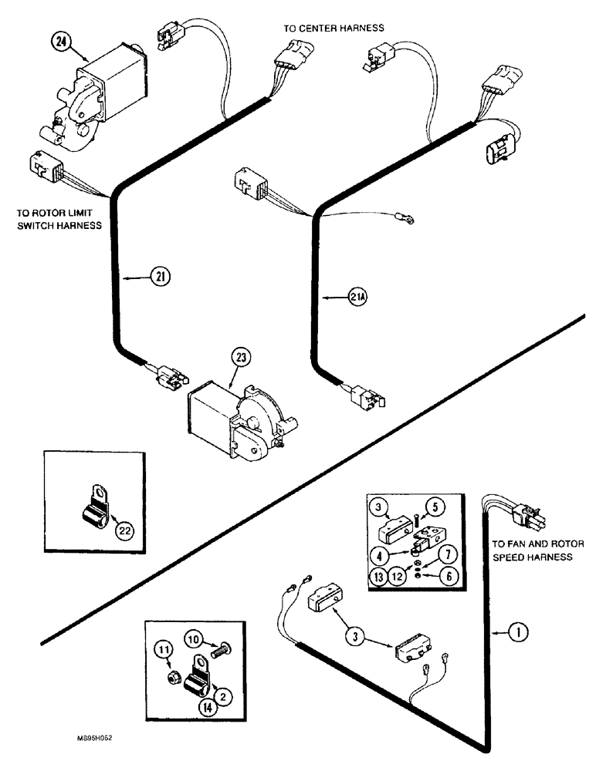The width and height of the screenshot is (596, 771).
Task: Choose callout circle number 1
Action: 516,635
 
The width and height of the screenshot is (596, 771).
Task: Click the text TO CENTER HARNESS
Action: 334,28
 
